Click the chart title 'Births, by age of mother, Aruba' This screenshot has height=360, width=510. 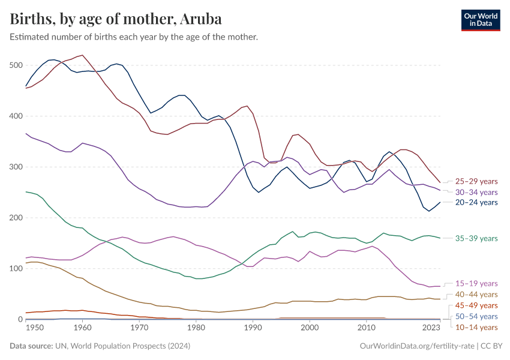click(x=116, y=19)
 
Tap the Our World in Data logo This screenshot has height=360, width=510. click(x=480, y=20)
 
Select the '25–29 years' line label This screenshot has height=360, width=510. click(x=477, y=181)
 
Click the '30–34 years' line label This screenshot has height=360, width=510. click(x=477, y=192)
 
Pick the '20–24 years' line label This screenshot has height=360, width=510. click(x=477, y=203)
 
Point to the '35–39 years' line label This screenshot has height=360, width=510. click(x=477, y=238)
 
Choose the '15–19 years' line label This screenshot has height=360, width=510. click(x=477, y=283)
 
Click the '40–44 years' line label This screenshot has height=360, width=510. click(x=477, y=295)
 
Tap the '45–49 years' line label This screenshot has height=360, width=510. click(x=477, y=305)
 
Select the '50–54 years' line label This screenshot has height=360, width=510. click(x=477, y=316)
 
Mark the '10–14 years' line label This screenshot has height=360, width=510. click(x=477, y=327)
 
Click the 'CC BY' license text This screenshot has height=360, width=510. click(x=492, y=346)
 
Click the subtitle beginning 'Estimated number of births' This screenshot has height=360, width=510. click(x=134, y=37)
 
